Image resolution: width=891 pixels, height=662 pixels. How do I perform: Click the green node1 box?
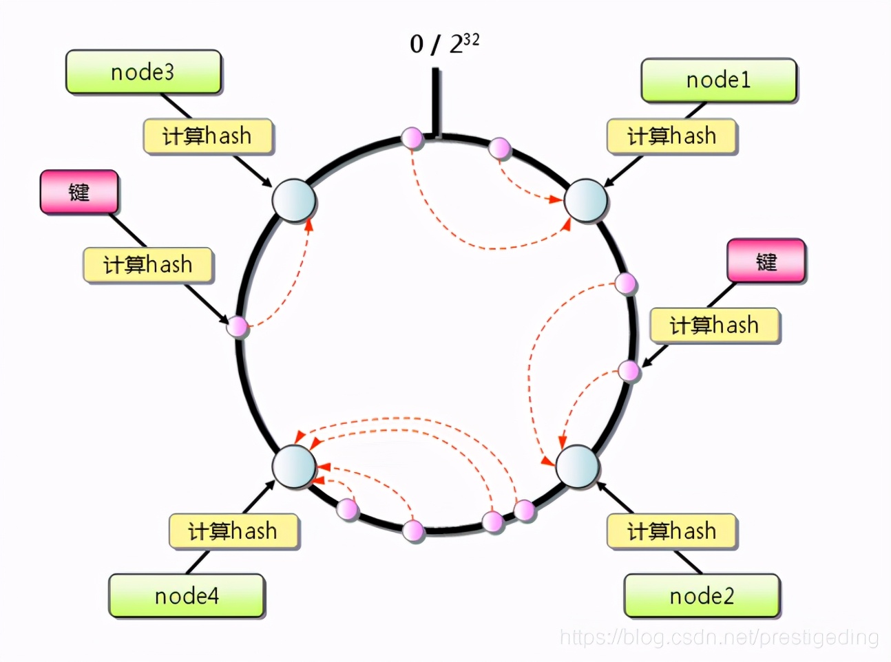pyautogui.click(x=719, y=81)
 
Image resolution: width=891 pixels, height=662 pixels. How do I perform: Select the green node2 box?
pyautogui.click(x=702, y=596)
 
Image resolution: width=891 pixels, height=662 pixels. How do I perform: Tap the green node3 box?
pyautogui.click(x=143, y=72)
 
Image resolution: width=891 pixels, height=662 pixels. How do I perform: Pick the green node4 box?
pyautogui.click(x=187, y=596)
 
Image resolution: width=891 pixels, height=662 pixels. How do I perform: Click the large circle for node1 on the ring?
pyautogui.click(x=585, y=201)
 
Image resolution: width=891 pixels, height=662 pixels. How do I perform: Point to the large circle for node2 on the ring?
pyautogui.click(x=577, y=466)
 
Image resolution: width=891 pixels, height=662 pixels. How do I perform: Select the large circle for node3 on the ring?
pyautogui.click(x=294, y=200)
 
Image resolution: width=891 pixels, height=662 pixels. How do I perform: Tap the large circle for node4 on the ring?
pyautogui.click(x=294, y=466)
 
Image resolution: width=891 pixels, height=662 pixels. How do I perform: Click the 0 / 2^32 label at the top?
pyautogui.click(x=444, y=44)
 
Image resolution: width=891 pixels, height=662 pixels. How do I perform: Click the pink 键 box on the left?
pyautogui.click(x=79, y=192)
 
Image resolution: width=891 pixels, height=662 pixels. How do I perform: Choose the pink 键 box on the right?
pyautogui.click(x=766, y=261)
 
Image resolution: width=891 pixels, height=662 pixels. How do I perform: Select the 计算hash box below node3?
pyautogui.click(x=207, y=136)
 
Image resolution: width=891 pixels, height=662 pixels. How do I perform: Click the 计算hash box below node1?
pyautogui.click(x=671, y=136)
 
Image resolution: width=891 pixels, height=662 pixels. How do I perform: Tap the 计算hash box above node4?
pyautogui.click(x=233, y=531)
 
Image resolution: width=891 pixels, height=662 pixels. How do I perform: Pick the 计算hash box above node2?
pyautogui.click(x=671, y=531)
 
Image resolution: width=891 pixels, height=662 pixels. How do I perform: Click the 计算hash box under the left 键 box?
pyautogui.click(x=148, y=265)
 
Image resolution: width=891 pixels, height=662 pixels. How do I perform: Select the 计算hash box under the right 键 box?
pyautogui.click(x=714, y=325)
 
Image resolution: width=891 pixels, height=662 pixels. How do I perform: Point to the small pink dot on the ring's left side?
pyautogui.click(x=238, y=326)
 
